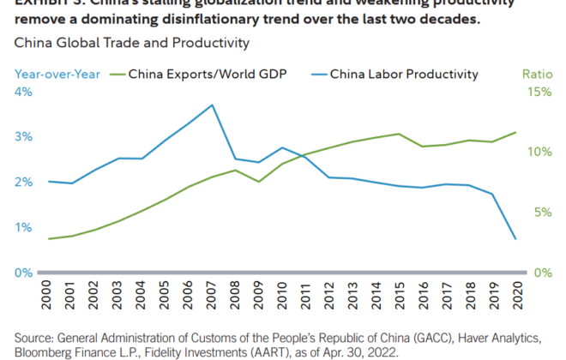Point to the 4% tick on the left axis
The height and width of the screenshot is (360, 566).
(23, 92)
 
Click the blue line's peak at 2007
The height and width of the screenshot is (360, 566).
(213, 105)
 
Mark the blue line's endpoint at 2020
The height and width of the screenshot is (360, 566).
(515, 239)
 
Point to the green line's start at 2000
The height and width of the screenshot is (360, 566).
(50, 238)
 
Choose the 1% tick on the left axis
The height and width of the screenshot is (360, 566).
(23, 227)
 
